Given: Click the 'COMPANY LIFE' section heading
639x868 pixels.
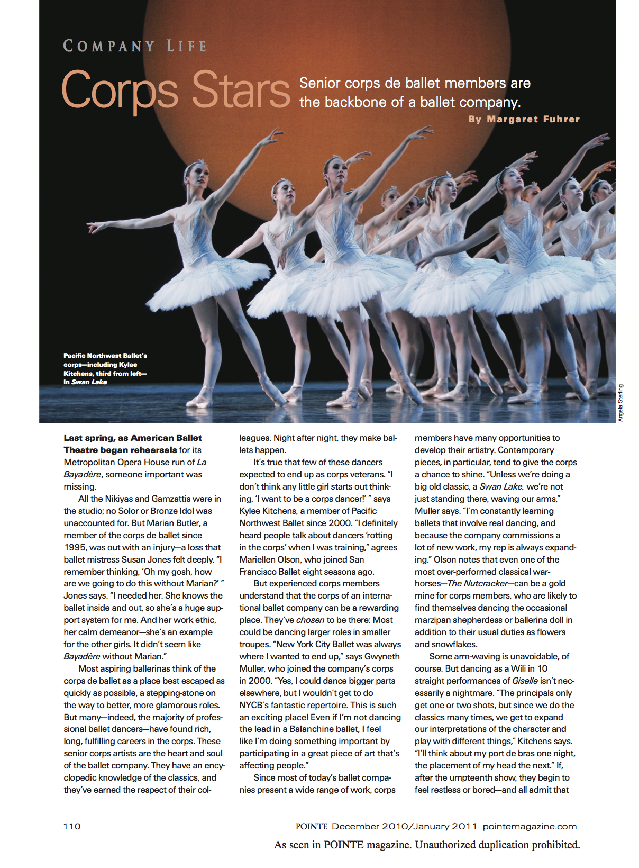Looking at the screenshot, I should (x=135, y=47).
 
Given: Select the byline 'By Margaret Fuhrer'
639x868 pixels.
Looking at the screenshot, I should (x=524, y=120).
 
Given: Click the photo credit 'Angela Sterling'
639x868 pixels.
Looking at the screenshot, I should (x=620, y=403).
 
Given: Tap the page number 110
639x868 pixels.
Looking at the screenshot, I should (x=72, y=826).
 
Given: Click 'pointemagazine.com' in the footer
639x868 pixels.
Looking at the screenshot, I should (x=530, y=826).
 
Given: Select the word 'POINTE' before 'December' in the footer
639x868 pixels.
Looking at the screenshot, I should (x=311, y=826).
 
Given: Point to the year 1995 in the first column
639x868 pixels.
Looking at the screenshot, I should (x=75, y=548).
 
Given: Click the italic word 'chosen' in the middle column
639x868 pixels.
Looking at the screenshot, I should (x=310, y=620).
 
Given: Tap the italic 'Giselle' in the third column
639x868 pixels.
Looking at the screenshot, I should (x=525, y=681).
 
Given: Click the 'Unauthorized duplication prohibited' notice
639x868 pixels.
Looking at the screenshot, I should (x=497, y=845).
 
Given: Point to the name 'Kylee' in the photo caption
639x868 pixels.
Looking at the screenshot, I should (x=128, y=365).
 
